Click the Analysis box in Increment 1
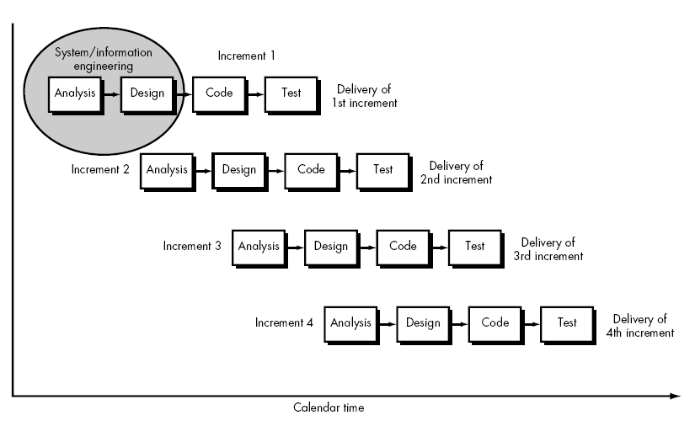74,93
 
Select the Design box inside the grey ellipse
147,93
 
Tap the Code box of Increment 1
219,93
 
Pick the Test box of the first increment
291,93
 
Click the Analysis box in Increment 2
166,169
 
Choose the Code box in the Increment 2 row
311,169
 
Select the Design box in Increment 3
330,246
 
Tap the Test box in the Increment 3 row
475,246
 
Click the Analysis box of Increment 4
350,322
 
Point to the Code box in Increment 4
495,322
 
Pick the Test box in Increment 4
567,322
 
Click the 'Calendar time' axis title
329,407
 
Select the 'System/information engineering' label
104,59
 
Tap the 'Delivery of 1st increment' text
366,96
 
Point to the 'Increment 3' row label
192,247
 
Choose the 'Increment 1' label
246,56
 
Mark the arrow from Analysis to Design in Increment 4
387,323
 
